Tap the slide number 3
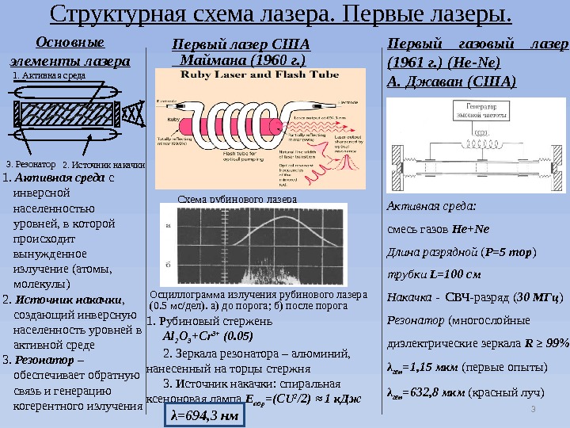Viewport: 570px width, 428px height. click(533, 409)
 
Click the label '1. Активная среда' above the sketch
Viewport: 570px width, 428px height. click(48, 76)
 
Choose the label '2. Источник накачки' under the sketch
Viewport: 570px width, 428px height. click(103, 163)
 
